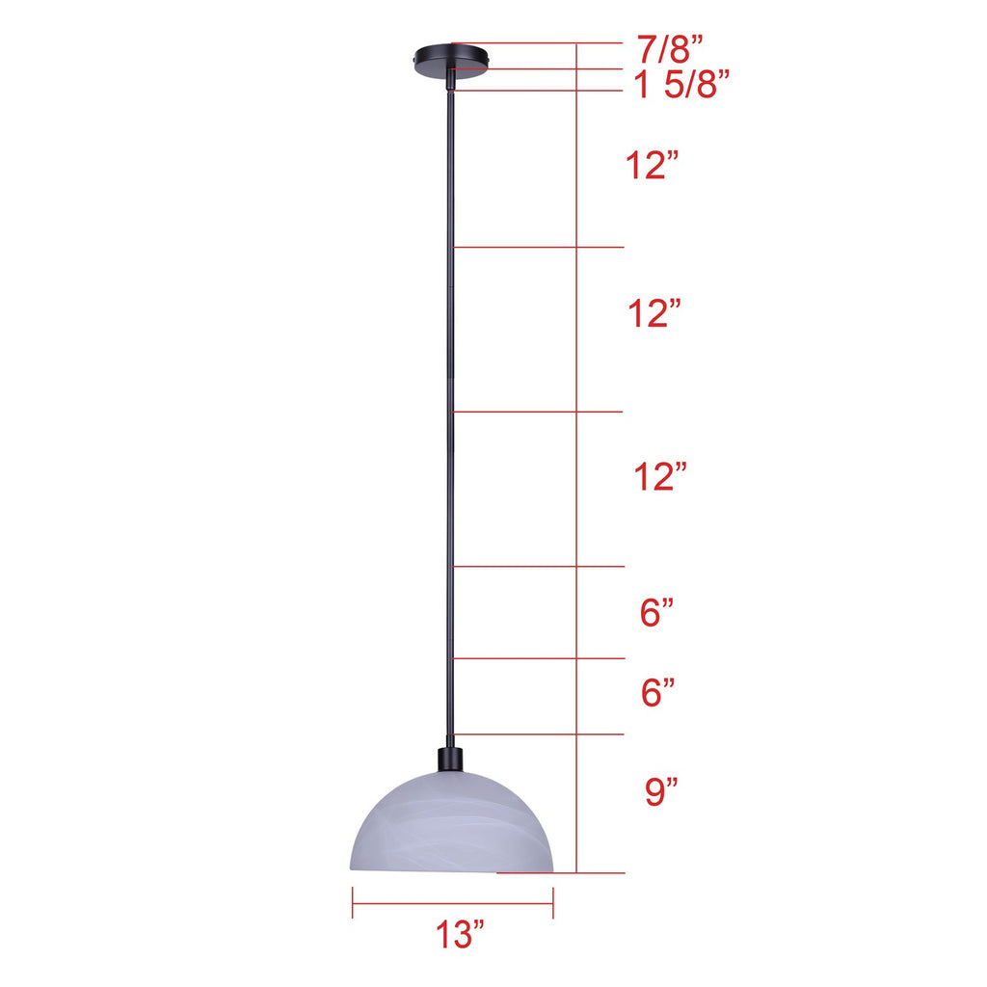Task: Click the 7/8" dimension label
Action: coord(670,49)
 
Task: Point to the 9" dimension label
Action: coord(661,791)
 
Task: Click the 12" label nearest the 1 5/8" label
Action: coord(653,165)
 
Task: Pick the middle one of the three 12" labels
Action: coord(654,313)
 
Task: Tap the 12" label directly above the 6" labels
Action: coord(659,476)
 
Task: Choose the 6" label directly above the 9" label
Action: coord(657,692)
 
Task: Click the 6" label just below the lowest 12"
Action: coord(656,612)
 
